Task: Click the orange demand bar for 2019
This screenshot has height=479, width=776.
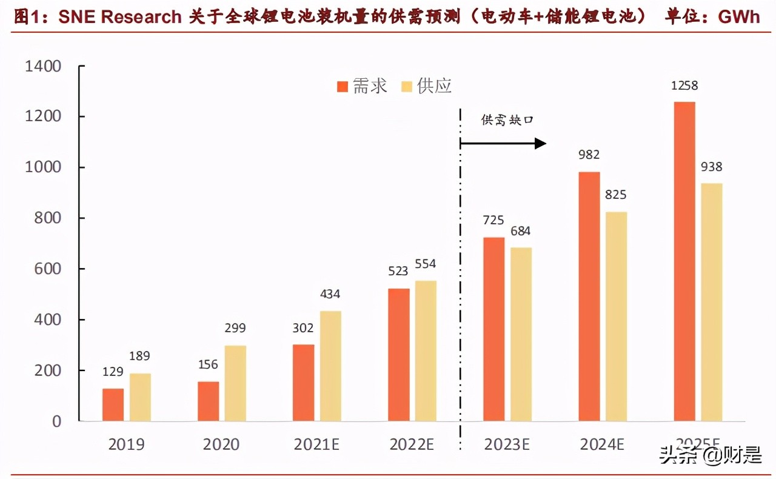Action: pos(113,404)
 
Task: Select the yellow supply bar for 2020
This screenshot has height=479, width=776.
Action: pos(235,383)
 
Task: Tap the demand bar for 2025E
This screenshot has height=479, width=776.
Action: pos(684,261)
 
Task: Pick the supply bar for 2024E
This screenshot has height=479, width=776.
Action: pos(616,316)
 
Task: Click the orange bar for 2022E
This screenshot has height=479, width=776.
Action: pos(398,355)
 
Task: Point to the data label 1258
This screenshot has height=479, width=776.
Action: pos(684,86)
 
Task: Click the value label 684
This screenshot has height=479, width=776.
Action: pos(521,231)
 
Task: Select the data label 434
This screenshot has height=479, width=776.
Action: pos(330,295)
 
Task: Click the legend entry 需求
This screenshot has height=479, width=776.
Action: pos(362,87)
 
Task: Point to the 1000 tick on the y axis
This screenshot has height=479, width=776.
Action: pos(43,167)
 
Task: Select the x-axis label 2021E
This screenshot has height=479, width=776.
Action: pos(317,444)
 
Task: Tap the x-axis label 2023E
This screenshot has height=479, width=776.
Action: pos(507,444)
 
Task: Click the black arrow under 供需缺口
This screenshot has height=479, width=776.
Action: pos(503,144)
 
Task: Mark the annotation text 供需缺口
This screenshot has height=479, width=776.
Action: pos(507,120)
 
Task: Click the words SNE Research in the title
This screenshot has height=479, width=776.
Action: pos(120,16)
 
